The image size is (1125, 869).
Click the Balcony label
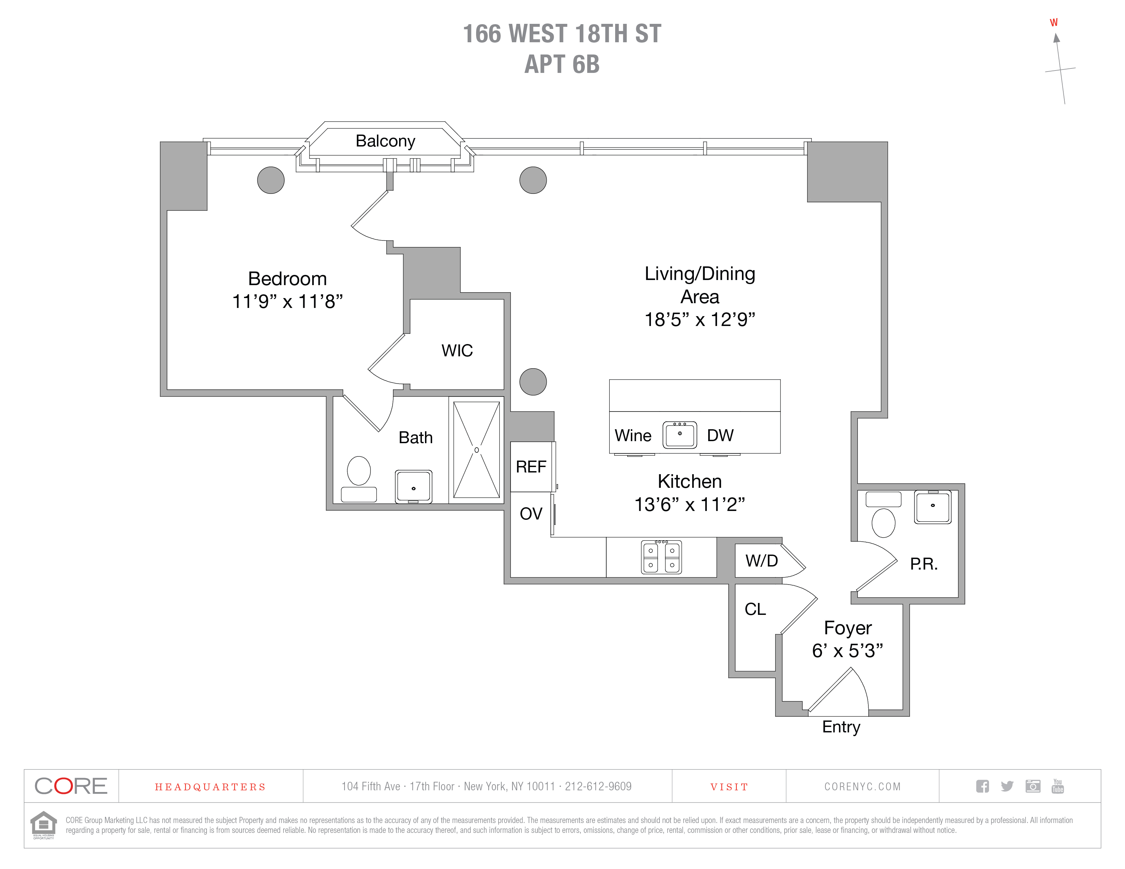point(385,141)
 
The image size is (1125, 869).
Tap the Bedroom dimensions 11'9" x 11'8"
point(287,301)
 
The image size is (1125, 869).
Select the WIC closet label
point(457,351)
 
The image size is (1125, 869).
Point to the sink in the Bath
point(413,486)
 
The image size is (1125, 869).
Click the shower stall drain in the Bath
point(476,450)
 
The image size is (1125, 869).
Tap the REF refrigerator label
point(531,467)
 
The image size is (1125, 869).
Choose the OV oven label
point(531,513)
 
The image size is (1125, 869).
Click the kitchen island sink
point(680,435)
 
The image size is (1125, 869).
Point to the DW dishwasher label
point(719,436)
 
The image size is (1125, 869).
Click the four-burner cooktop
point(662,557)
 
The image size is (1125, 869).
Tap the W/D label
point(761,561)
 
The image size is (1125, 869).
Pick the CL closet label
point(755,609)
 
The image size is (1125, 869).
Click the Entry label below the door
point(841,727)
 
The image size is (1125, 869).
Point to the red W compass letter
point(1053,22)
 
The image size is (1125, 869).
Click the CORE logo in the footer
point(71,786)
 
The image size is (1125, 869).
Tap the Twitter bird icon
point(1007,786)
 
